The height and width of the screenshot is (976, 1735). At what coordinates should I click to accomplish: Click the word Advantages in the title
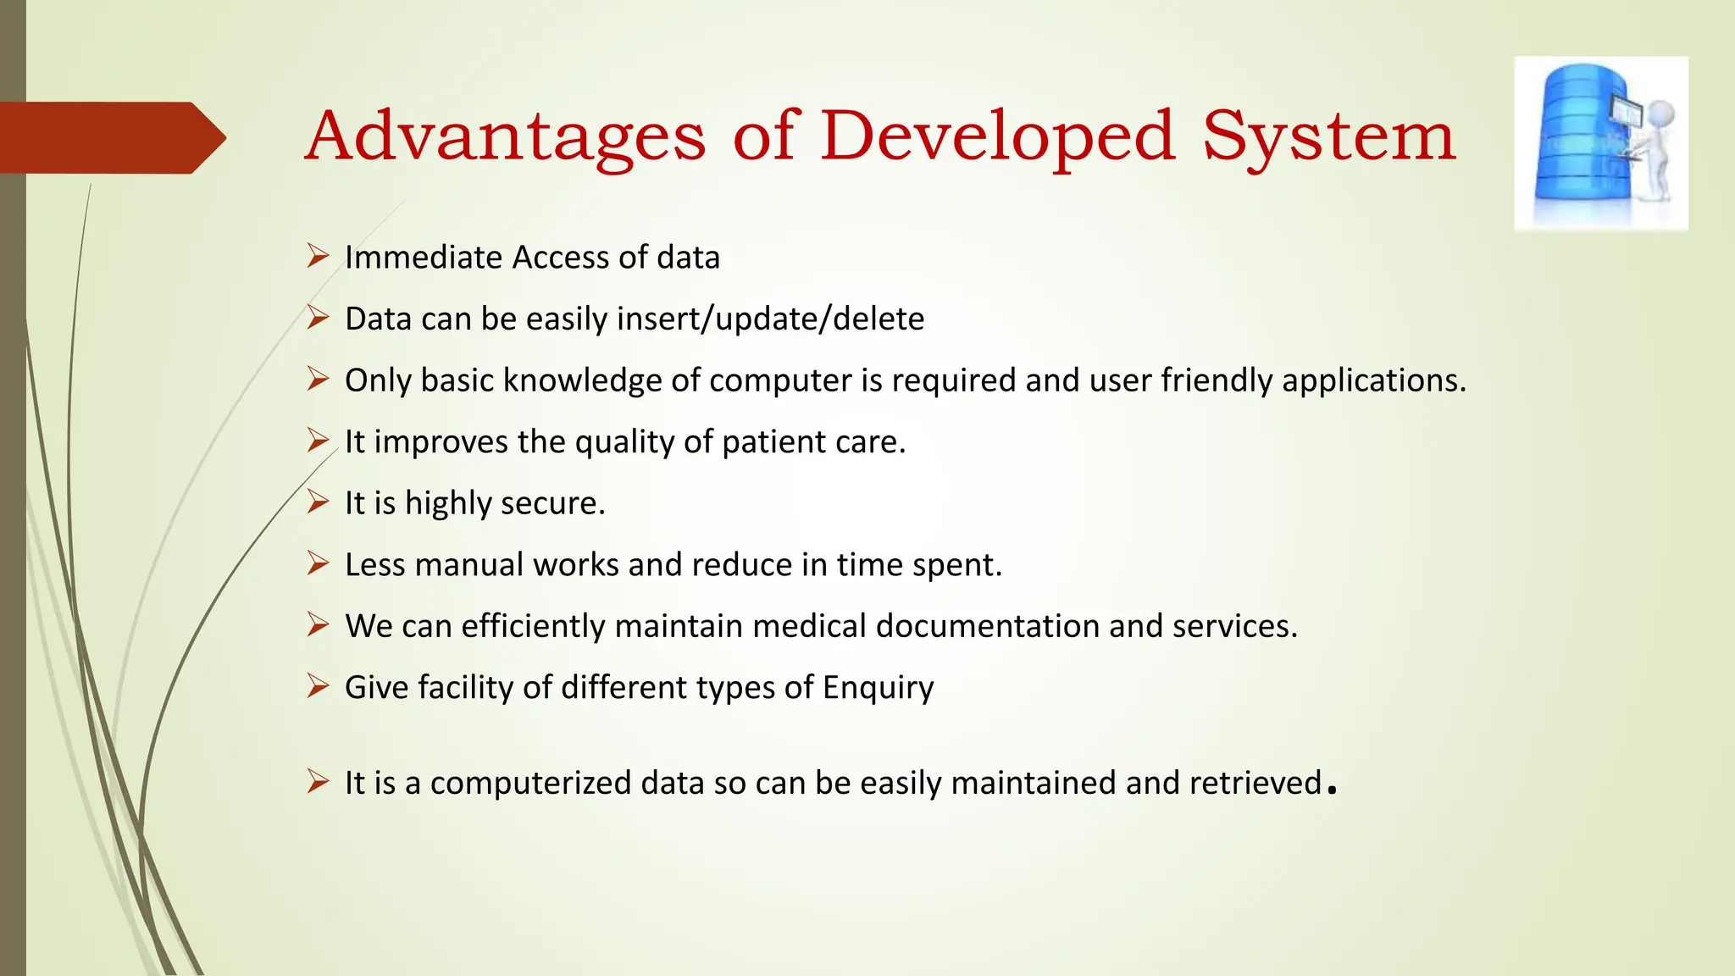(505, 136)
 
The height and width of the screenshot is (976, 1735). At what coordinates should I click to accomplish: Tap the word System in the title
(1328, 136)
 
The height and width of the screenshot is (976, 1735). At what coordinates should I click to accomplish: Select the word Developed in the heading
(997, 136)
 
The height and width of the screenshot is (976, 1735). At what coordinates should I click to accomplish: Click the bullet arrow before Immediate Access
(318, 256)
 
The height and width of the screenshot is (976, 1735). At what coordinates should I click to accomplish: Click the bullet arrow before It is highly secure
(318, 502)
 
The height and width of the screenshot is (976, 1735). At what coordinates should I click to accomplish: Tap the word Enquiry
(878, 688)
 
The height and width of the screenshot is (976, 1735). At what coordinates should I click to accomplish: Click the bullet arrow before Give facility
(318, 686)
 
